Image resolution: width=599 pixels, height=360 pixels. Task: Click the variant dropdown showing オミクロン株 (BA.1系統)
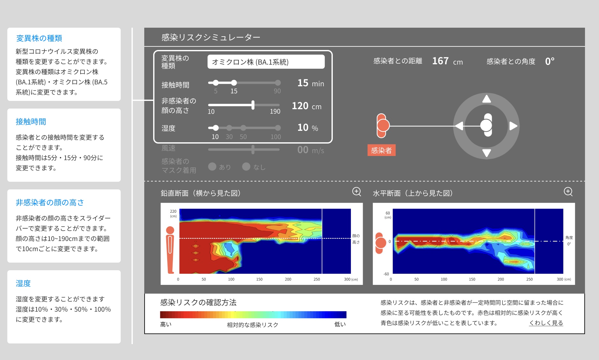[x=266, y=62]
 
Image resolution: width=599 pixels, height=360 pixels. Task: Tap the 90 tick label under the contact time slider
[x=277, y=91]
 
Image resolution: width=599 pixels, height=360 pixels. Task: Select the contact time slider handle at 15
[x=234, y=83]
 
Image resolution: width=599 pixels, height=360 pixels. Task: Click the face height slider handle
[x=253, y=105]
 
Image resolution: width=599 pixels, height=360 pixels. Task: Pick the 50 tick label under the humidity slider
[x=243, y=137]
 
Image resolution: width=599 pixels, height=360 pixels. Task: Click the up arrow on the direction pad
[x=486, y=99]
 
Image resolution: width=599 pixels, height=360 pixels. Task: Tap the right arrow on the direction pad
[x=513, y=126]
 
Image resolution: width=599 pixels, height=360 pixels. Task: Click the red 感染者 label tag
[x=382, y=150]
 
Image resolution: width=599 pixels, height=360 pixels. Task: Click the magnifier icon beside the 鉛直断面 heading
[x=357, y=192]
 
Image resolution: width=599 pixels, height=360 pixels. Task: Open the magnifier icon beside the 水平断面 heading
[x=568, y=192]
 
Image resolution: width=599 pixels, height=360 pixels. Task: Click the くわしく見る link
[x=546, y=323]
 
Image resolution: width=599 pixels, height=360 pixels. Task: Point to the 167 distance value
[x=440, y=61]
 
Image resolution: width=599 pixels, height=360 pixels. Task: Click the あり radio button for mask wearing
[x=212, y=166]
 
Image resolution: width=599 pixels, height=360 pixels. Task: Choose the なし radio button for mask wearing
[x=246, y=166]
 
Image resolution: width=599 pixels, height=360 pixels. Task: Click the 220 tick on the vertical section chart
[x=173, y=211]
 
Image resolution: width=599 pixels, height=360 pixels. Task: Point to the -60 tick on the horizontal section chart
[x=386, y=274]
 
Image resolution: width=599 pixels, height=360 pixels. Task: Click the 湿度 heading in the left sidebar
[x=23, y=283]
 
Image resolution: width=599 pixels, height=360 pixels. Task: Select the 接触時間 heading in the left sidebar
[x=31, y=122]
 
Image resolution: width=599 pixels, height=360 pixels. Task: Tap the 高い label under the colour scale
[x=166, y=324]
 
